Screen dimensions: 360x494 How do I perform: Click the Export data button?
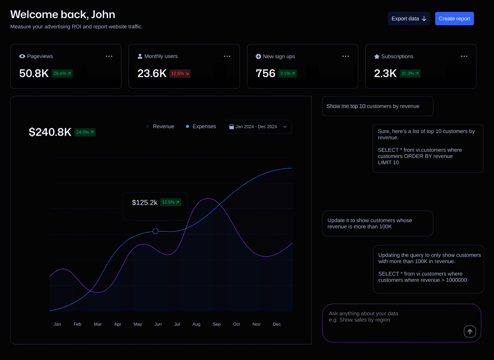[x=409, y=18]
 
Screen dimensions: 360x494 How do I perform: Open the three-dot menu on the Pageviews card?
[x=109, y=56]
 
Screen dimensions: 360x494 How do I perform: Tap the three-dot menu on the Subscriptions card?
[x=464, y=56]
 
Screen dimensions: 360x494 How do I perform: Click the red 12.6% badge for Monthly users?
[x=180, y=74]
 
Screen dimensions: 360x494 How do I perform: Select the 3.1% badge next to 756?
[x=287, y=74]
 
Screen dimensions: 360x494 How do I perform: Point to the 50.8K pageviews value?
[x=34, y=74]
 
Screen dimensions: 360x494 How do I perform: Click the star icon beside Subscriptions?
[x=377, y=57]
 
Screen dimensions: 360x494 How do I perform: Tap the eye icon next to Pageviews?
[x=22, y=56]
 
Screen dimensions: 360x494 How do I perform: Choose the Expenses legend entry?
[x=201, y=127]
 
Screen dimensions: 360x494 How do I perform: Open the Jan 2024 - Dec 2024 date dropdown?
[x=258, y=127]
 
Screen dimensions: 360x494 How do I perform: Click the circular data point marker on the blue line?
[x=155, y=231]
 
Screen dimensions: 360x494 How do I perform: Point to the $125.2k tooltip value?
[x=144, y=202]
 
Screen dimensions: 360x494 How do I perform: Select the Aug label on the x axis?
[x=196, y=324]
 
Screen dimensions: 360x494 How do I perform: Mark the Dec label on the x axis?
[x=277, y=324]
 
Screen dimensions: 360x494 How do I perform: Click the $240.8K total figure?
[x=50, y=132]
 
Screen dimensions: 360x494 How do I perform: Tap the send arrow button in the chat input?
[x=470, y=331]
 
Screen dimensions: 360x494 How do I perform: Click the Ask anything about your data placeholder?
[x=364, y=314]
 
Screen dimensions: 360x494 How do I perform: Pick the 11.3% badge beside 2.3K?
[x=410, y=74]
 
